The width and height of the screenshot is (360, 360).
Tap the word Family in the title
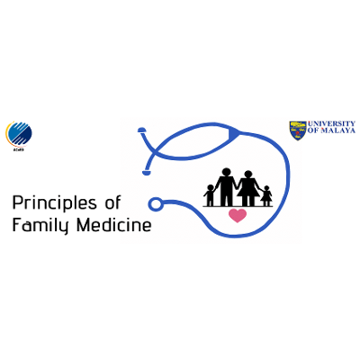pos(39,225)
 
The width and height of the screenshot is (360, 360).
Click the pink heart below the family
pos(238,216)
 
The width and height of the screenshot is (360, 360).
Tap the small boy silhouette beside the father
pos(210,194)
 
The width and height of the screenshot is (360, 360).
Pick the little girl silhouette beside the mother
pos(266,194)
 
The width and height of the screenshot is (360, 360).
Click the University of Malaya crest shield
pos(297,130)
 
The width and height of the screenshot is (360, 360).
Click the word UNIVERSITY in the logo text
pos(331,124)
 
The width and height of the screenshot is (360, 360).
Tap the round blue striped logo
pos(19,133)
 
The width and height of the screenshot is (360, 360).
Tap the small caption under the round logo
pos(19,149)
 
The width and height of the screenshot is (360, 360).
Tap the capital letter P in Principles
pos(18,202)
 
